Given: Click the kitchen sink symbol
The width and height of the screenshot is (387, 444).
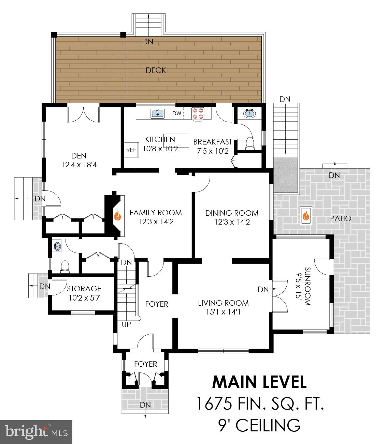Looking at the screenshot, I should pyautogui.click(x=157, y=113).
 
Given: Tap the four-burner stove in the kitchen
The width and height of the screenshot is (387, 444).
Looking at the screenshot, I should pyautogui.click(x=198, y=113).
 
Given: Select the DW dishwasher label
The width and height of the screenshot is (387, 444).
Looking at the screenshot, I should pyautogui.click(x=177, y=113).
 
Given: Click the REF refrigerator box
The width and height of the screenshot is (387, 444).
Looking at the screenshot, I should pyautogui.click(x=131, y=150).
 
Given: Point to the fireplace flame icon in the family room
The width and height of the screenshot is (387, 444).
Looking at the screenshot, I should pyautogui.click(x=117, y=216).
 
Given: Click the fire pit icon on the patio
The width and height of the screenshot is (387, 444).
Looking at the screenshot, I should pyautogui.click(x=306, y=216).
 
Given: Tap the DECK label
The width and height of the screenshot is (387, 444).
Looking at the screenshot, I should pyautogui.click(x=156, y=70).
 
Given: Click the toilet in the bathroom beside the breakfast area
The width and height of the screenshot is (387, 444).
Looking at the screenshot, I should pyautogui.click(x=250, y=143).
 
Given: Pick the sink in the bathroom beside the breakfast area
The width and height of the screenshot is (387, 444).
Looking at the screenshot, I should pyautogui.click(x=250, y=113).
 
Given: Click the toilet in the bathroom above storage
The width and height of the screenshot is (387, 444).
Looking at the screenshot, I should pyautogui.click(x=64, y=266).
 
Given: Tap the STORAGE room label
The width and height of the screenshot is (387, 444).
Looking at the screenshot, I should pyautogui.click(x=84, y=289).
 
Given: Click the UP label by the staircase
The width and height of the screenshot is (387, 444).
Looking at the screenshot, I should pyautogui.click(x=126, y=324).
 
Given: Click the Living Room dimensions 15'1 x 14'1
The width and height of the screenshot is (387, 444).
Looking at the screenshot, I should pyautogui.click(x=224, y=312).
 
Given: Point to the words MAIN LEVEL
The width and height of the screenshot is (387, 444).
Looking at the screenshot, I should pyautogui.click(x=259, y=382).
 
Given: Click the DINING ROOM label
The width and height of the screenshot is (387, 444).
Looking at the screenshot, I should pyautogui.click(x=232, y=213).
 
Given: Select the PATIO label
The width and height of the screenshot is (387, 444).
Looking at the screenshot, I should pyautogui.click(x=341, y=218).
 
